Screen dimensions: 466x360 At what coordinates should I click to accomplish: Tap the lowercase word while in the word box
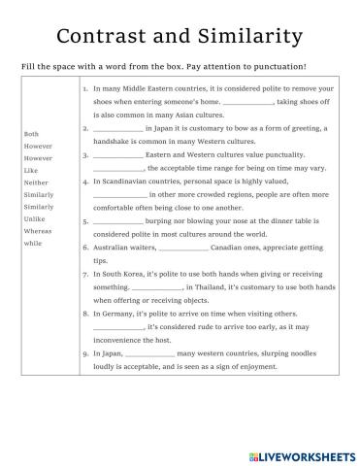32,244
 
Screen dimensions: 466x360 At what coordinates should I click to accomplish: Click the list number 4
85,181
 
